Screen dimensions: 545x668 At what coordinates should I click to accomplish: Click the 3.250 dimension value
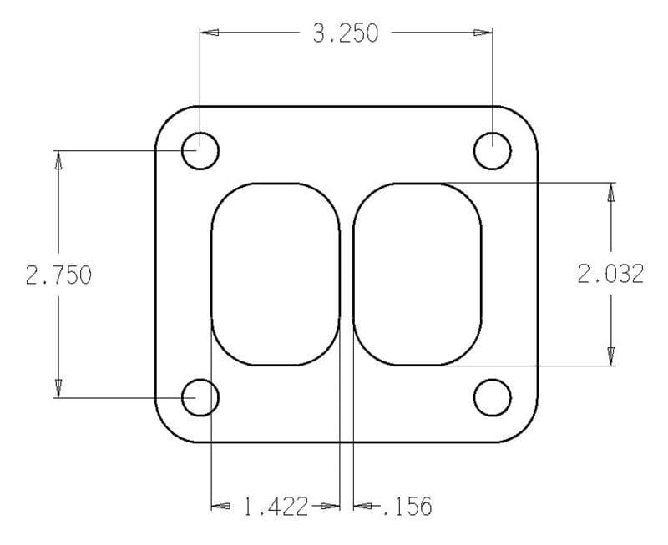tap(345, 33)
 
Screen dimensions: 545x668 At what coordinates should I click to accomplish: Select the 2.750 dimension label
tap(58, 275)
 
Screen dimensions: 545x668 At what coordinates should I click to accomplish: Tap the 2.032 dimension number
tap(610, 274)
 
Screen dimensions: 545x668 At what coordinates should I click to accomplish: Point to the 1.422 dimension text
tap(276, 506)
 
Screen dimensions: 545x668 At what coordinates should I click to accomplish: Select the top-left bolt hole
tap(200, 151)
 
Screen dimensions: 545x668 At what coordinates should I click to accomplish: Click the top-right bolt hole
tap(492, 151)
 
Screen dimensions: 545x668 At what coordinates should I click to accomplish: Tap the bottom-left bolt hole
tap(200, 397)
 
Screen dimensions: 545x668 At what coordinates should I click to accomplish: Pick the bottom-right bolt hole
tap(492, 397)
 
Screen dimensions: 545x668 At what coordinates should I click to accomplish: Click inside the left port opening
tap(275, 274)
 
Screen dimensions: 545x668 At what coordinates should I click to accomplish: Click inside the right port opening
tap(417, 274)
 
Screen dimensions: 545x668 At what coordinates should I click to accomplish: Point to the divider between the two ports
tap(347, 274)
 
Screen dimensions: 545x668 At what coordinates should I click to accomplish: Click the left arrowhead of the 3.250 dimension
tap(210, 33)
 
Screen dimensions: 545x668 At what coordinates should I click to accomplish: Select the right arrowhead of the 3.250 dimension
tap(482, 33)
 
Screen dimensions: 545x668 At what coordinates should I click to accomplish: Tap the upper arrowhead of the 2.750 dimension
tap(58, 161)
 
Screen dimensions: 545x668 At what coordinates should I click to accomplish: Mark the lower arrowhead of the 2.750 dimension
tap(58, 386)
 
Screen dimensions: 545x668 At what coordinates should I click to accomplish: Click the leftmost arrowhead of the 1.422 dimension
tap(220, 506)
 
